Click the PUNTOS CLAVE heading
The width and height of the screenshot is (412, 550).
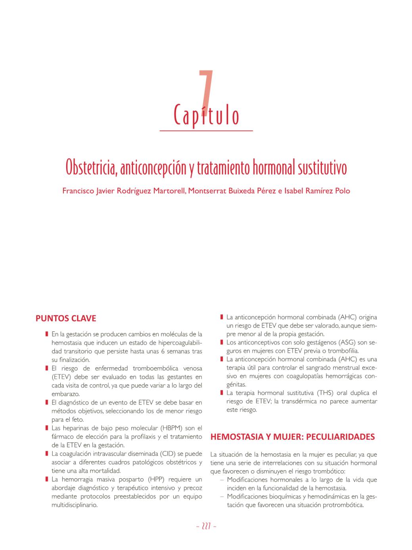tap(66, 318)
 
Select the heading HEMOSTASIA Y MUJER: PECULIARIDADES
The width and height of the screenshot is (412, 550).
tap(293, 437)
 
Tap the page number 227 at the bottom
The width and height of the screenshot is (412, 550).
tap(206, 527)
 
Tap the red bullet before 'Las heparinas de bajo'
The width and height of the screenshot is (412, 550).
tap(47, 428)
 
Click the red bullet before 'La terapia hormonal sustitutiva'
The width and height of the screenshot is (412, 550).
tap(221, 393)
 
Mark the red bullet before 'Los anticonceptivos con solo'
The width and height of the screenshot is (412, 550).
tap(221, 342)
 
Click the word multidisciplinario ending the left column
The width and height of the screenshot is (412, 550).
tap(75, 505)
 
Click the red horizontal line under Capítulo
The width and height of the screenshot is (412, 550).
tap(206, 130)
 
